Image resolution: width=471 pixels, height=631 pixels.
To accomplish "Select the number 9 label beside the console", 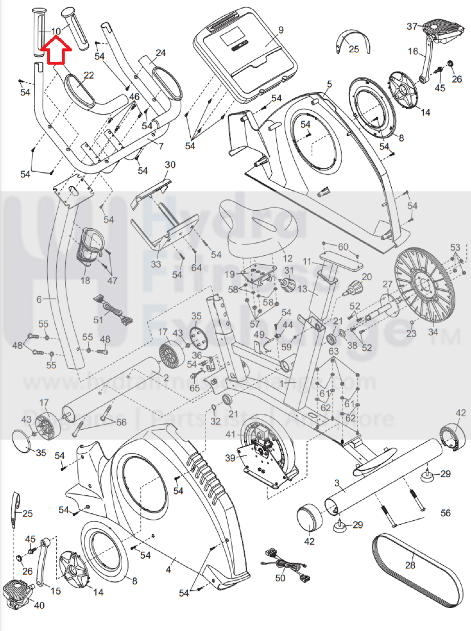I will click(x=281, y=30).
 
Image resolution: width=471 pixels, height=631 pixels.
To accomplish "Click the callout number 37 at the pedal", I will click(x=412, y=27).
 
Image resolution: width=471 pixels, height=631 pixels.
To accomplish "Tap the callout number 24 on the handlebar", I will click(x=161, y=53).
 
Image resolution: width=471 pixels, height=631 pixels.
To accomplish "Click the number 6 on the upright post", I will click(x=39, y=299).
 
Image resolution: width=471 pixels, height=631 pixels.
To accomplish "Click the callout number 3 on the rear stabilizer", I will click(x=337, y=483).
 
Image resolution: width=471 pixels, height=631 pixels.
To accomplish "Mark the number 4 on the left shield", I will click(x=168, y=570).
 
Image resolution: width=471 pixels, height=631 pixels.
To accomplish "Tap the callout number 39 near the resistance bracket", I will click(x=230, y=458).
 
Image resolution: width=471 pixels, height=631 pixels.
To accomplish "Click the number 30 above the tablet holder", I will click(x=170, y=165).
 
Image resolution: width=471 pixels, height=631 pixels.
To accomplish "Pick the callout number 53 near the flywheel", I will click(x=455, y=247).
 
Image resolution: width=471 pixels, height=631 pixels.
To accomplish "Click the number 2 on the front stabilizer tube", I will click(x=166, y=378).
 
